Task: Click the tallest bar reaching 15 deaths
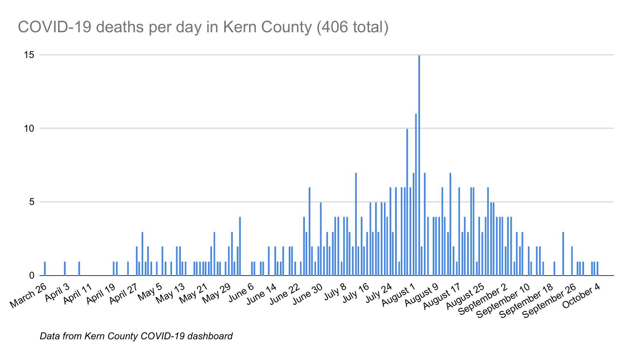pyautogui.click(x=419, y=165)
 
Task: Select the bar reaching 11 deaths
pyautogui.click(x=416, y=195)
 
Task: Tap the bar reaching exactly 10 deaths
pyautogui.click(x=407, y=202)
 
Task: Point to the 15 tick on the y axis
pyautogui.click(x=29, y=55)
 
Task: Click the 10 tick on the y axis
pyautogui.click(x=29, y=128)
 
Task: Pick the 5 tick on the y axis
pyautogui.click(x=32, y=202)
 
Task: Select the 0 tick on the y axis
pyautogui.click(x=32, y=276)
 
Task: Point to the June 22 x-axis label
pyautogui.click(x=285, y=294)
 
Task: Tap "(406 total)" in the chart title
pyautogui.click(x=353, y=27)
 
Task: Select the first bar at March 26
pyautogui.click(x=45, y=269)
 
